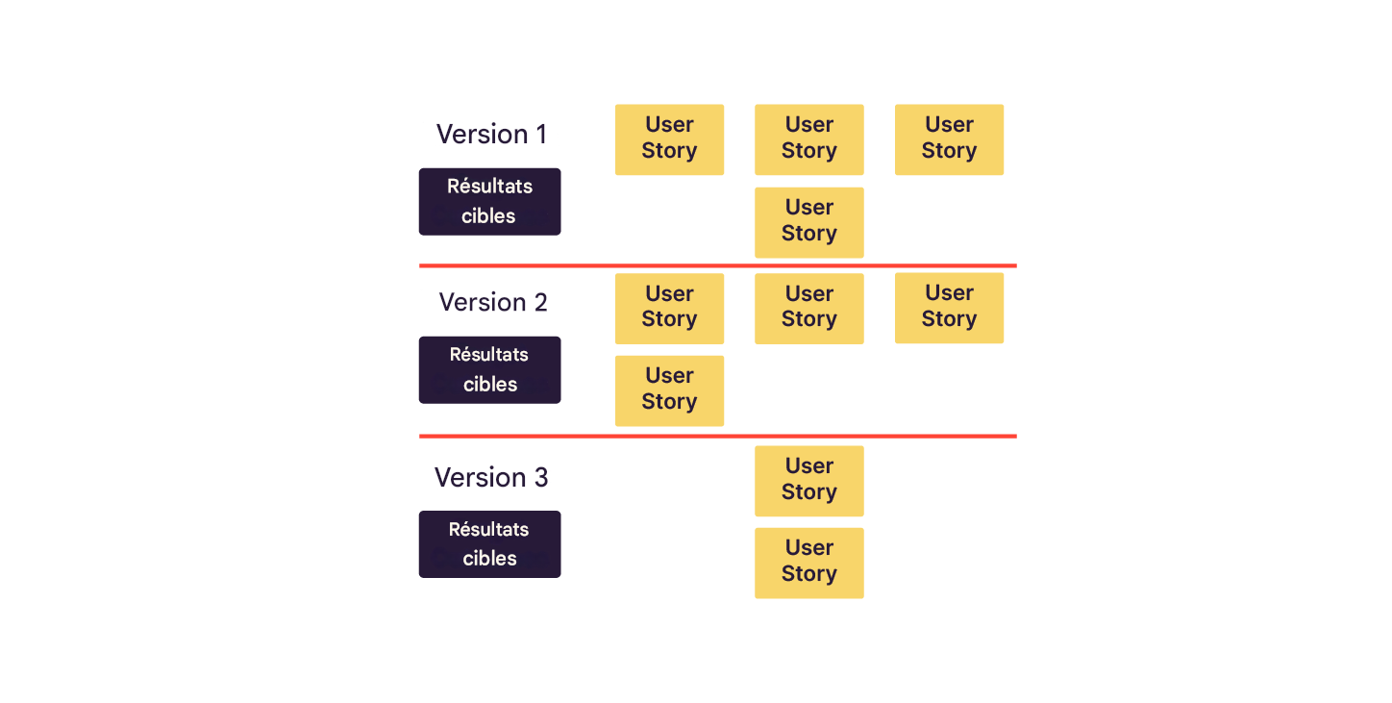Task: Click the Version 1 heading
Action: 491,134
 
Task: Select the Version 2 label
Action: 492,302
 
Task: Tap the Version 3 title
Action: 491,477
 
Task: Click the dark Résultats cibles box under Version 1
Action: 489,201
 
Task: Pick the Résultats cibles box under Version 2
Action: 489,369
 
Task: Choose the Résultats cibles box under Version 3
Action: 489,543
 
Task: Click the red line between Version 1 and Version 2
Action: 717,265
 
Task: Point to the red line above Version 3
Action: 717,436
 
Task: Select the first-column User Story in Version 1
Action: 669,138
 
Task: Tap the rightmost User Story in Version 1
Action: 949,138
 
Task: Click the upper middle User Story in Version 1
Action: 808,138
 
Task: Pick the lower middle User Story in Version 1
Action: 808,221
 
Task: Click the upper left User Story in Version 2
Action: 669,308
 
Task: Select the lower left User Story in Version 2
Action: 669,389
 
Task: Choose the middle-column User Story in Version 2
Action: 808,308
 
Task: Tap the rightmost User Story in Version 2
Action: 949,307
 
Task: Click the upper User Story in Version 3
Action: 808,480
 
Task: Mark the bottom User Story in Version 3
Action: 808,562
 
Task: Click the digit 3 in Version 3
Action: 542,478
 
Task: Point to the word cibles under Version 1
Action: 488,216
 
